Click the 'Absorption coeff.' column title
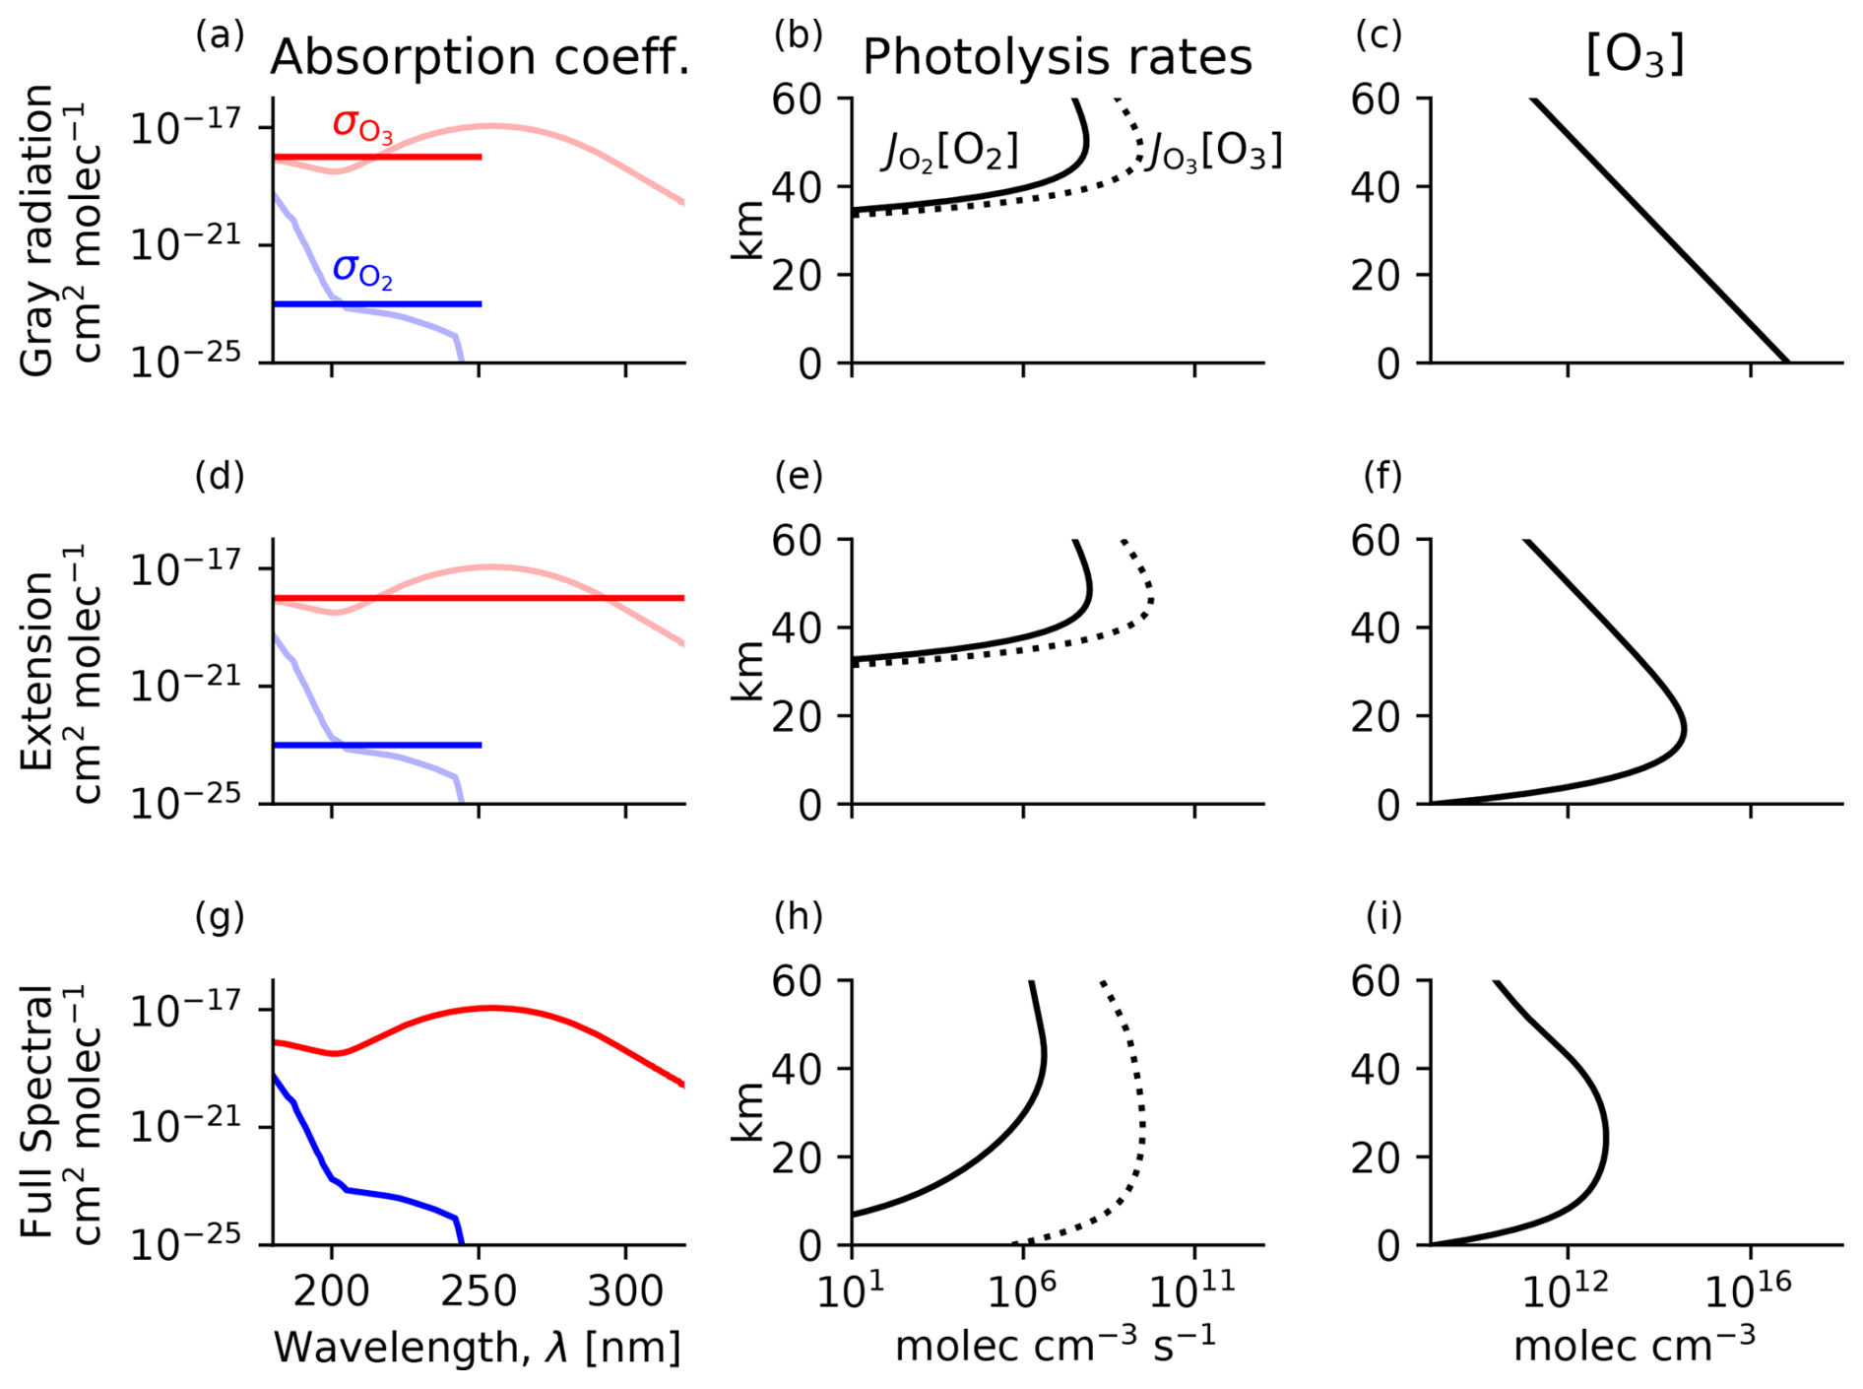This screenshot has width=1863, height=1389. pos(480,57)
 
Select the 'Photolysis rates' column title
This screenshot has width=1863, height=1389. pos(1057,57)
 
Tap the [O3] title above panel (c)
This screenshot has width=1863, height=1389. pos(1635,55)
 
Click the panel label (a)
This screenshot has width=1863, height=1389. pos(220,35)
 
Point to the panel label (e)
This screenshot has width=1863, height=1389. pos(799,477)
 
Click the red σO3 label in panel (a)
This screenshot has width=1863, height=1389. pos(362,125)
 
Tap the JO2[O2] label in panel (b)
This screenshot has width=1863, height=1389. pos(949,153)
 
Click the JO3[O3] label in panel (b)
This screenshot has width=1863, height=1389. pos(1217,153)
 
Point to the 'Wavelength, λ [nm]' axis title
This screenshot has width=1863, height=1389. pos(478,1348)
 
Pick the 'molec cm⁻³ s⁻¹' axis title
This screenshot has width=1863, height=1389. pos(1056,1346)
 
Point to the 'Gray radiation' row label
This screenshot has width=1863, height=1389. pos(37,230)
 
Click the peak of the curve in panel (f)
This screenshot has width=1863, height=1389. pos(1685,730)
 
